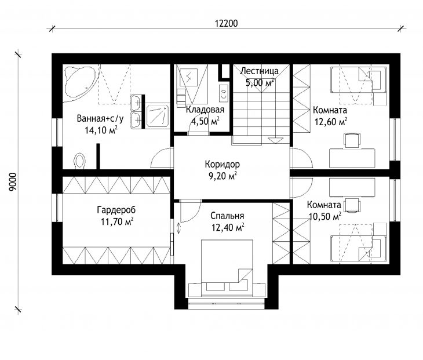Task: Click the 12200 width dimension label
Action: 227,23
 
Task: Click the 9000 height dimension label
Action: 13,181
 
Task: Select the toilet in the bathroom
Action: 79,161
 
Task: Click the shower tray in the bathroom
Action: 158,117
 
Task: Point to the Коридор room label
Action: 222,164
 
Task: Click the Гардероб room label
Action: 116,210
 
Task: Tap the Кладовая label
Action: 205,110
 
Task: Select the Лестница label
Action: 259,71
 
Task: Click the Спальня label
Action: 227,216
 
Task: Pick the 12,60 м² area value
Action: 331,122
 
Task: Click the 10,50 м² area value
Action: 325,216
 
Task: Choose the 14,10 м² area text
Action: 101,130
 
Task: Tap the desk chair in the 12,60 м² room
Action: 352,140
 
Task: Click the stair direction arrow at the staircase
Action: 275,140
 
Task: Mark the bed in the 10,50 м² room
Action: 358,248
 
